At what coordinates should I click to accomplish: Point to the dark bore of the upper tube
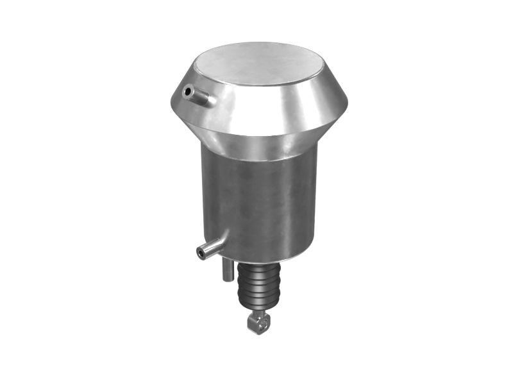point(188,92)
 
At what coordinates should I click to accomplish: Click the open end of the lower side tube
point(201,253)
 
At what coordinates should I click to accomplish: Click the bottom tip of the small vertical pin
point(227,279)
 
